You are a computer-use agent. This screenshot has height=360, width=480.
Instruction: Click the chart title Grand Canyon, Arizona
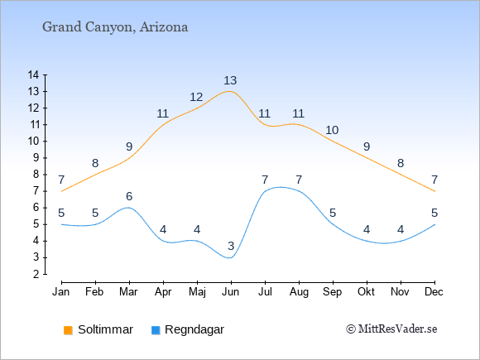tap(115, 27)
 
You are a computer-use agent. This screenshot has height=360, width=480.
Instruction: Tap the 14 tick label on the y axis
tap(33, 74)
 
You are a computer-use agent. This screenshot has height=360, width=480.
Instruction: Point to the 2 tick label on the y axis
tap(36, 274)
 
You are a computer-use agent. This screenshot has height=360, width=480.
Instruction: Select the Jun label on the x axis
tap(231, 292)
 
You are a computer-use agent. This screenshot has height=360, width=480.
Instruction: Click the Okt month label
tap(366, 292)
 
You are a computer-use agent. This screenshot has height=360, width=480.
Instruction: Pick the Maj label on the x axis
tap(197, 292)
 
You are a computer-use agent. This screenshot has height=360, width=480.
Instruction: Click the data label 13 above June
tap(230, 80)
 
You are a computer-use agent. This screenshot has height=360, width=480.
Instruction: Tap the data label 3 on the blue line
tap(231, 246)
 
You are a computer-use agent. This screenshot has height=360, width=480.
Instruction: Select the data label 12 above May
tap(196, 97)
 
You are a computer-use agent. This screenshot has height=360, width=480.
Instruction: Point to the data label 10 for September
tap(332, 130)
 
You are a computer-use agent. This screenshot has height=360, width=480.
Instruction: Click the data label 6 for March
tap(129, 196)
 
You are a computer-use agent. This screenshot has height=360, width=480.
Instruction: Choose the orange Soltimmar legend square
tap(68, 330)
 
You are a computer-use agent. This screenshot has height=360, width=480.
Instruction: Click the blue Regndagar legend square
tap(156, 330)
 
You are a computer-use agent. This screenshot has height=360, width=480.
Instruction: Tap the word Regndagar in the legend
tap(194, 329)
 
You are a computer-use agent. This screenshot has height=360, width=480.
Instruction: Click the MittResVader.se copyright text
tap(391, 329)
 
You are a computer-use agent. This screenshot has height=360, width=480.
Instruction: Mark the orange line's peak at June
tap(229, 91)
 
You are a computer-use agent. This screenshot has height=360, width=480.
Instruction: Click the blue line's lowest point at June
tap(229, 257)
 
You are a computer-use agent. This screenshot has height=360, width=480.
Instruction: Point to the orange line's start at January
tap(62, 191)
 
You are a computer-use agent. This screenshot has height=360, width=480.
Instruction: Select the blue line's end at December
tap(434, 224)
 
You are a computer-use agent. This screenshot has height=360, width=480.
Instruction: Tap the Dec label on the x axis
tap(434, 292)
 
